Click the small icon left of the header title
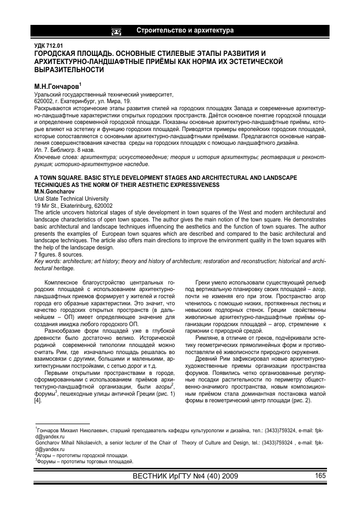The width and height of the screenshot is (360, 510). point(116,31)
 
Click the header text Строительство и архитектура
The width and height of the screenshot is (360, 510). point(185,31)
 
